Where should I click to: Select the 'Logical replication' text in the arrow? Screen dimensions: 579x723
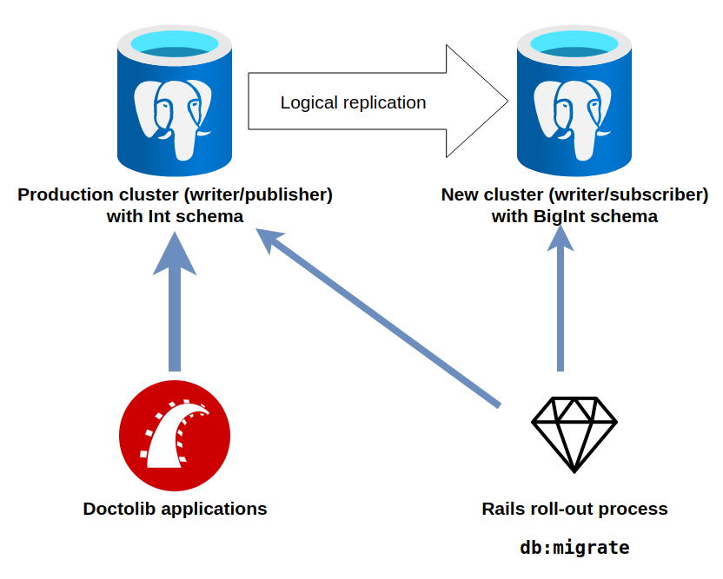pos(353,102)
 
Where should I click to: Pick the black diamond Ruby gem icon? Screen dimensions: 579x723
pos(574,434)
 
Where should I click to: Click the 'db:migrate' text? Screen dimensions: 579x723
pos(574,548)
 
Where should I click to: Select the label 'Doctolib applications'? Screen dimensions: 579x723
pos(175,509)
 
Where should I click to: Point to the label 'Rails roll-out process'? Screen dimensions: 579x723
pos(574,509)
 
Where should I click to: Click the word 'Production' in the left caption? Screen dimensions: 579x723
pos(65,194)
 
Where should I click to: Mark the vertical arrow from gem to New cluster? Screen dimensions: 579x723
pos(560,304)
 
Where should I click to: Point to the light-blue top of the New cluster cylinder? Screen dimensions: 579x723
pos(574,43)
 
